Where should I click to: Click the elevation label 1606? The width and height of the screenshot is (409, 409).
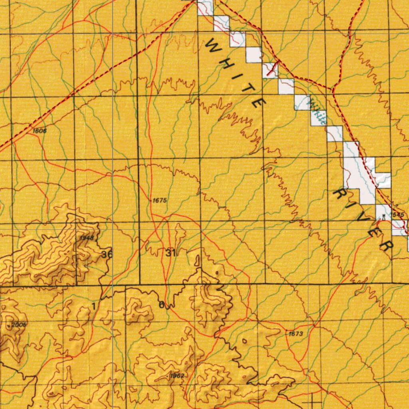[40, 131]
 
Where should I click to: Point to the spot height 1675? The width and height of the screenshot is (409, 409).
[159, 200]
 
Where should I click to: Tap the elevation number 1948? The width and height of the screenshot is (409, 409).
[86, 238]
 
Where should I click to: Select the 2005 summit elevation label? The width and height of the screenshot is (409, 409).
[19, 325]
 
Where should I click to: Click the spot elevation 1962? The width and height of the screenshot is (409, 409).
[177, 376]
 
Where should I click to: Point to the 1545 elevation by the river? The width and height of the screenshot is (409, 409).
[398, 215]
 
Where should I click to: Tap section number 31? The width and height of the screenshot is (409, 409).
[171, 252]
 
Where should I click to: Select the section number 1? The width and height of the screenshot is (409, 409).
[93, 306]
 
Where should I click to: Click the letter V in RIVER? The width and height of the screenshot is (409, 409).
[363, 219]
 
